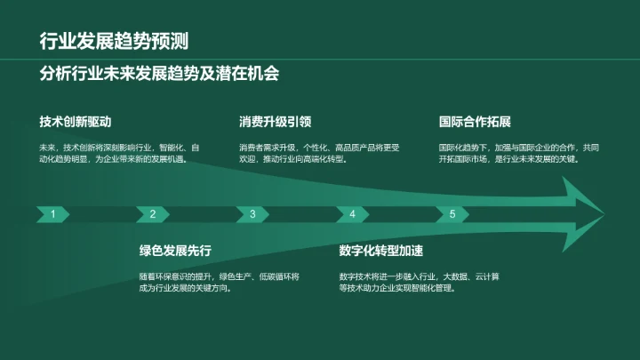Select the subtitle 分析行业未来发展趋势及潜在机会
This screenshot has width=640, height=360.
coord(160,73)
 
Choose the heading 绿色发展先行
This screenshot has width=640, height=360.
coord(175,250)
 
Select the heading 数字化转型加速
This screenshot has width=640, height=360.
coord(381,250)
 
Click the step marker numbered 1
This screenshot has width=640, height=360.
coord(54,214)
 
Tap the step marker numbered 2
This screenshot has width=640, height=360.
coord(153,214)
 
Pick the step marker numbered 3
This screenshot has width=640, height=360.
coord(252,214)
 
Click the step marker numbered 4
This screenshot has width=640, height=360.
coord(353,214)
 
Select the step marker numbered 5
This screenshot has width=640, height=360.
coord(452,214)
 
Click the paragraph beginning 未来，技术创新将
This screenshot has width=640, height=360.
coord(119,153)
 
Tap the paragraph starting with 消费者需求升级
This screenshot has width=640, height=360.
coord(319,153)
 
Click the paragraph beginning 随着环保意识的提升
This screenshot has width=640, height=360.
coord(219,282)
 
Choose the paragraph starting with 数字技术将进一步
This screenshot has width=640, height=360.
coord(419,282)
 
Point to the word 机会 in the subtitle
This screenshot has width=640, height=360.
coord(264,73)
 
